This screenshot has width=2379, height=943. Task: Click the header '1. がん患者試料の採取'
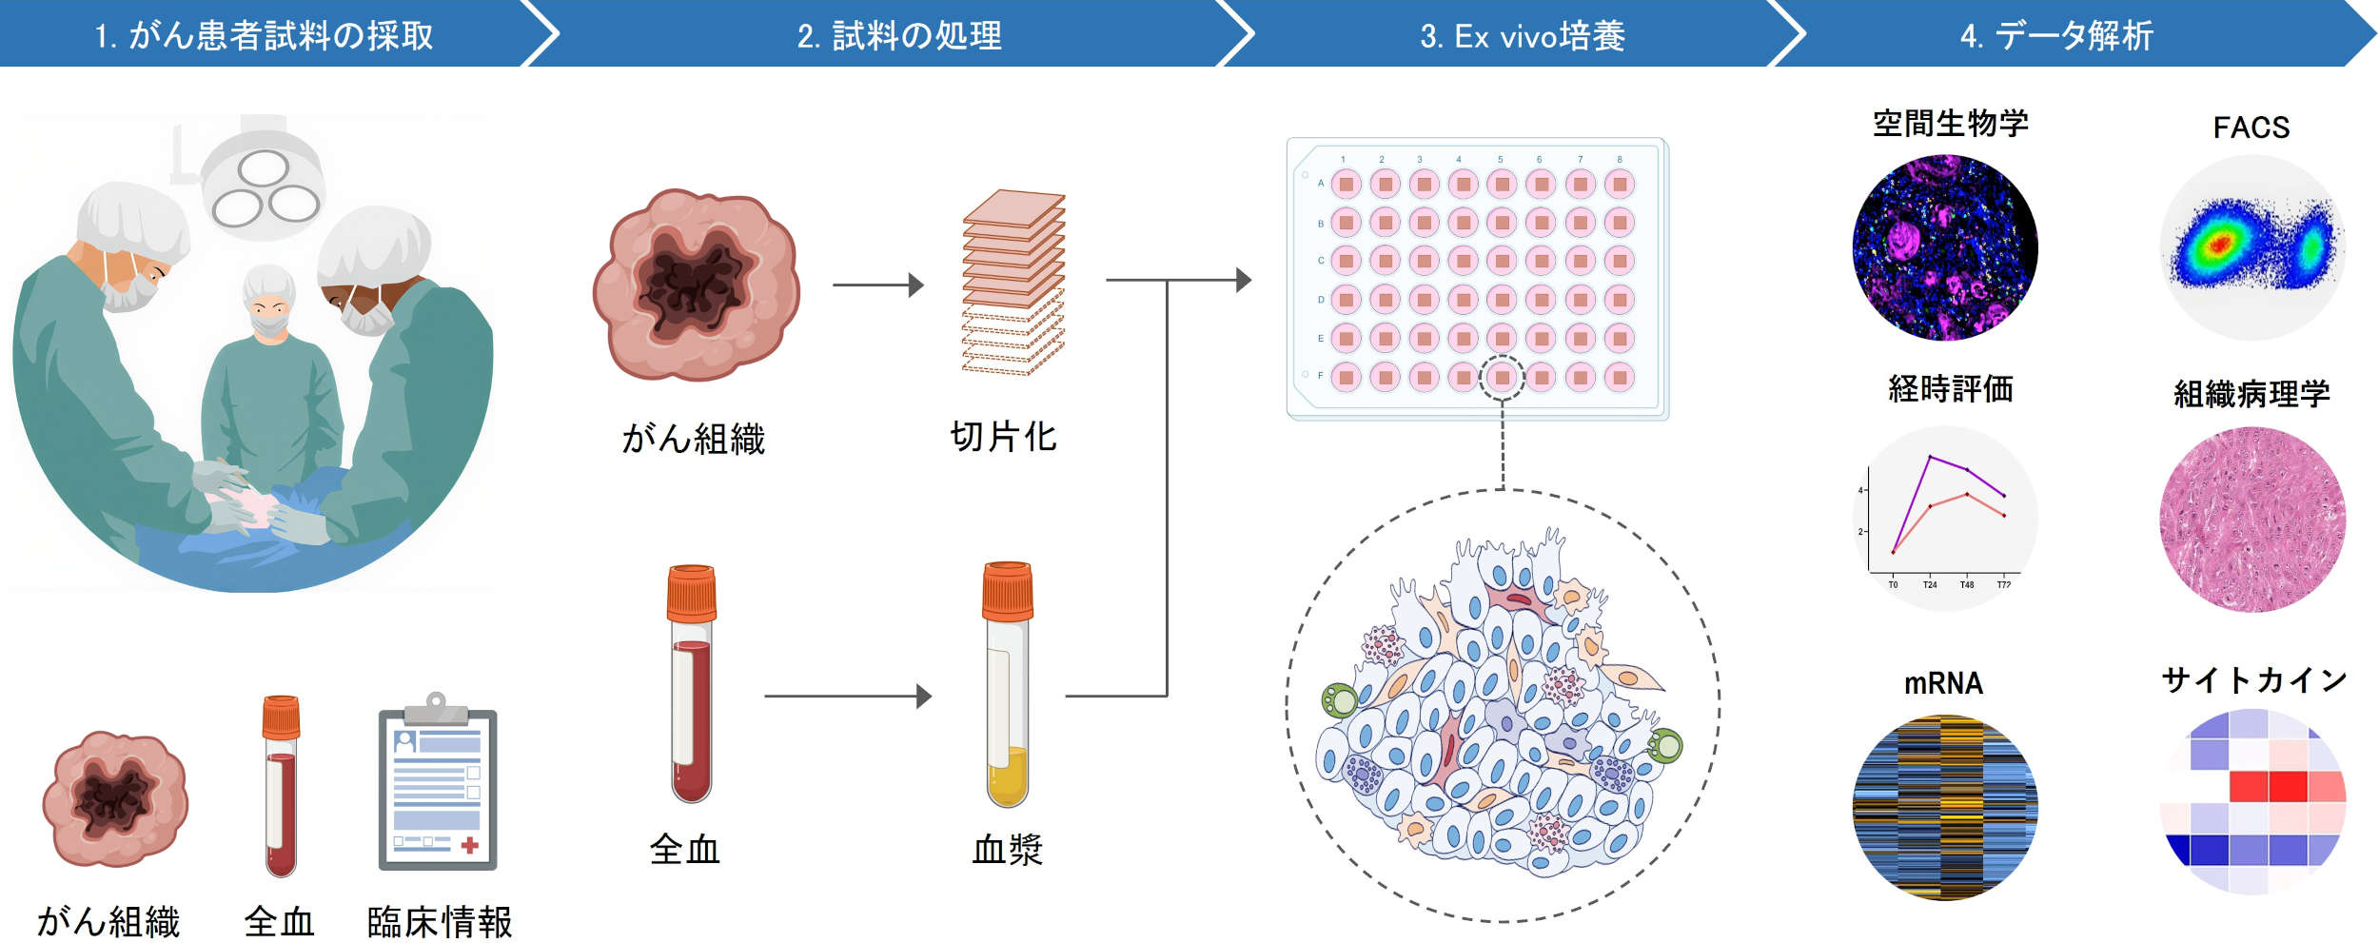pos(264,35)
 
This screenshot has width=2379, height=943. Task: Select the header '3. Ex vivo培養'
pos(1522,35)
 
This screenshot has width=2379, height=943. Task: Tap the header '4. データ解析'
pos(2056,35)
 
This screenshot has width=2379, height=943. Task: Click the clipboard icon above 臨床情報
pos(438,785)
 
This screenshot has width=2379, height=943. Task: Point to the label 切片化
pos(1003,436)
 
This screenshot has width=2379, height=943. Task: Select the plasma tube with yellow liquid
pos(1008,685)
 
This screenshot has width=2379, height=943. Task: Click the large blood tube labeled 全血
pos(692,685)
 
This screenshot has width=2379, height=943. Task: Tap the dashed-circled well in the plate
pos(1502,377)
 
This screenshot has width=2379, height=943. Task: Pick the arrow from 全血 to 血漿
pos(847,696)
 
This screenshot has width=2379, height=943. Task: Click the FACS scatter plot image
pos(2251,247)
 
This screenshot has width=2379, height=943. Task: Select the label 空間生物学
pos(1950,124)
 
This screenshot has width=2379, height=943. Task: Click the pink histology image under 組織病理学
pos(2251,519)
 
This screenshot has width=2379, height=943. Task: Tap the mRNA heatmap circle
pos(1944,807)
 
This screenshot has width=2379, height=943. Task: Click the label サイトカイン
pos(2252,679)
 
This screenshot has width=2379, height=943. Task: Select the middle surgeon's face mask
pos(269,324)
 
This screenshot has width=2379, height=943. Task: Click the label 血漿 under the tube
pos(1007,849)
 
